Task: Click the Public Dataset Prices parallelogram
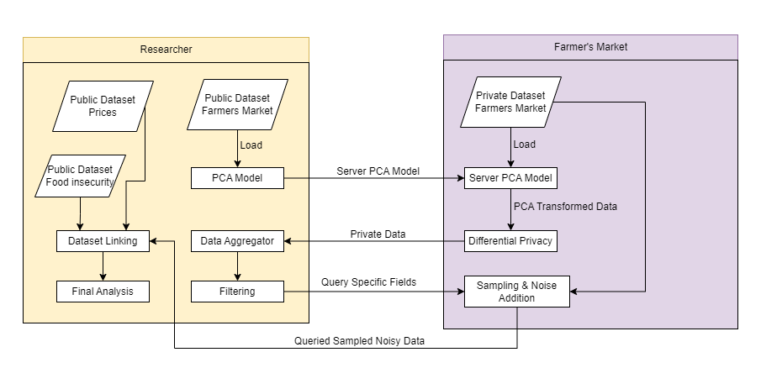point(103,106)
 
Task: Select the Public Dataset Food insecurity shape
point(80,175)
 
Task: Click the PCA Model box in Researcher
point(237,178)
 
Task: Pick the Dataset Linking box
point(103,241)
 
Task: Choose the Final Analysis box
point(103,292)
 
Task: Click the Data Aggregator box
point(237,241)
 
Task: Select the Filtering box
point(237,292)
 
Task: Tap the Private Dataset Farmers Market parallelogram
point(510,102)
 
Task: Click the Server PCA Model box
point(510,178)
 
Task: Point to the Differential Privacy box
point(510,241)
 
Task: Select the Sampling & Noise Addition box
point(516,290)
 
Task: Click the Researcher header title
point(166,50)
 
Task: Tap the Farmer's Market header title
point(590,47)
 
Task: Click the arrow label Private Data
point(378,234)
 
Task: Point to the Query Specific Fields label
point(369,282)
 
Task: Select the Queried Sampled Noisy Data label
point(359,341)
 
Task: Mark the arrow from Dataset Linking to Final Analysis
point(103,266)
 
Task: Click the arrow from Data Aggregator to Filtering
point(237,266)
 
